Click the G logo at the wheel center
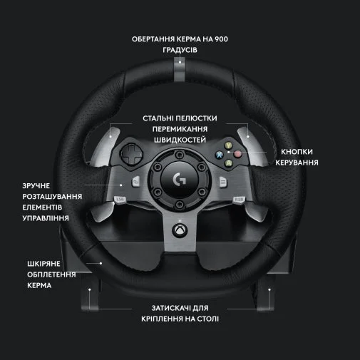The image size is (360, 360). pos(180,180)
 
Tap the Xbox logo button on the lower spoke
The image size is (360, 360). pos(180,230)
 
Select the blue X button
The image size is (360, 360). pos(220,155)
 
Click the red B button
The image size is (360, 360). pos(237,154)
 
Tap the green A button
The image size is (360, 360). pos(229,163)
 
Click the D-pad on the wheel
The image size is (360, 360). pos(131,153)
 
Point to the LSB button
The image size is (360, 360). pos(120,199)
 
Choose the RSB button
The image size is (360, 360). pos(239,199)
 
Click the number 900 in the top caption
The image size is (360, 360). pos(221,39)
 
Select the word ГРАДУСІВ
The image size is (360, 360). pos(180,50)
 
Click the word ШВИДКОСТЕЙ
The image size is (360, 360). pos(180,140)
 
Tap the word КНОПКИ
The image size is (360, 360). pos(297,152)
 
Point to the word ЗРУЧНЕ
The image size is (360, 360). pos(36,186)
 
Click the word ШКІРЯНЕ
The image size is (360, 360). pos(43,264)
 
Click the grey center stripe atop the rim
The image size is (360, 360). pos(180,69)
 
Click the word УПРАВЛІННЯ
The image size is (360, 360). pos(46,218)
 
